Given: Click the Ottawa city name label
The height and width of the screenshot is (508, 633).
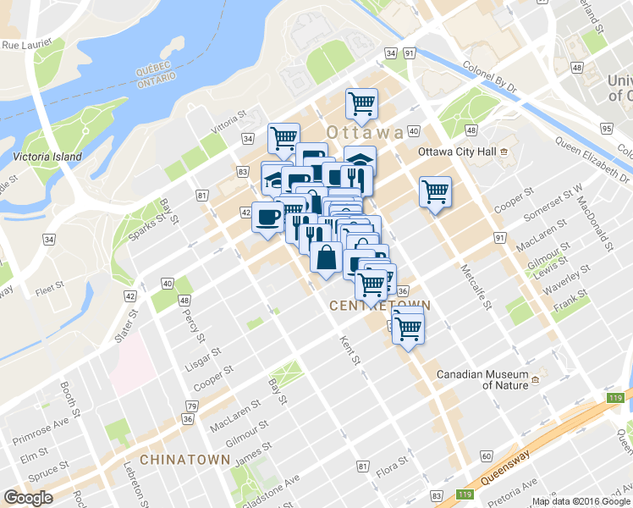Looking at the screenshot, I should pos(365,133).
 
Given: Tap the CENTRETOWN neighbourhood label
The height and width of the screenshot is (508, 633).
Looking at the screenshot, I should pos(380,305).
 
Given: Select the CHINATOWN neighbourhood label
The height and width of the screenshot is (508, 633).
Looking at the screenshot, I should pos(185,459).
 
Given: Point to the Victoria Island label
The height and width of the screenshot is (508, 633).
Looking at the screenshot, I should pos(48,157).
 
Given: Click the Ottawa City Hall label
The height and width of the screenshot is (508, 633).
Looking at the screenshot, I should pos(458,152).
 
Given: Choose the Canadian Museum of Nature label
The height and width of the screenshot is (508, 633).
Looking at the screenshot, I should pos(482,379).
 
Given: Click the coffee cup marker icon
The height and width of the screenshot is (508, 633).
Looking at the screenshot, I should pos(268,217).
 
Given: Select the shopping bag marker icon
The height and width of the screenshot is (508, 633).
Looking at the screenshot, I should pos(327,256).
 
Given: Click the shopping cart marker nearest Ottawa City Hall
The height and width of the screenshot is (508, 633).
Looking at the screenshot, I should pos(435,192).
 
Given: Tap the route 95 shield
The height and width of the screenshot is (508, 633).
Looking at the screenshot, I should pos(606,128).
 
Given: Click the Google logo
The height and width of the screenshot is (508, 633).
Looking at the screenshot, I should pos(28,498).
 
